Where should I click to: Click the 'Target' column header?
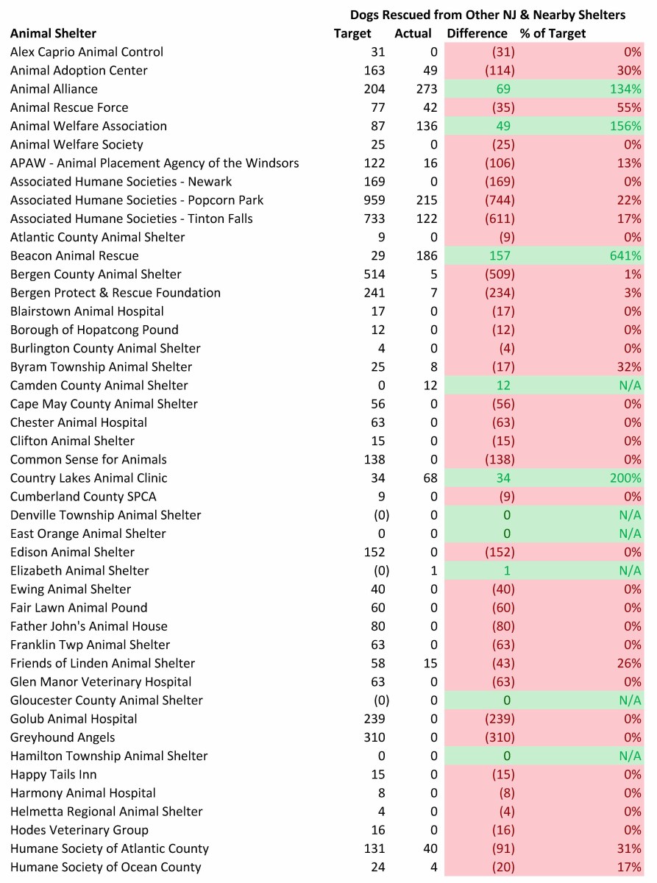(352, 33)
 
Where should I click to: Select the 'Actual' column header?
(413, 33)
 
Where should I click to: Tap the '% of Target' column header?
(553, 33)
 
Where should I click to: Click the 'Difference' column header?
(477, 33)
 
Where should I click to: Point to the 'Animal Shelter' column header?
(53, 33)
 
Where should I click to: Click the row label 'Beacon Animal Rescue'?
(74, 255)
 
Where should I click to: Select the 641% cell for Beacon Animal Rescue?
(625, 255)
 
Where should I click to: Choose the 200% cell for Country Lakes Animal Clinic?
(625, 478)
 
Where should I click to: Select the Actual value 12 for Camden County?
(430, 386)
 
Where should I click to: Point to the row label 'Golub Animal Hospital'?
(74, 719)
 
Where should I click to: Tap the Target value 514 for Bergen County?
(374, 274)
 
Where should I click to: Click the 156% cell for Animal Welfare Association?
(625, 126)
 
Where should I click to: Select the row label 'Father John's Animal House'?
(89, 626)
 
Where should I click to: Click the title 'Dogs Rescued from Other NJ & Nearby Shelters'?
(487, 15)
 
